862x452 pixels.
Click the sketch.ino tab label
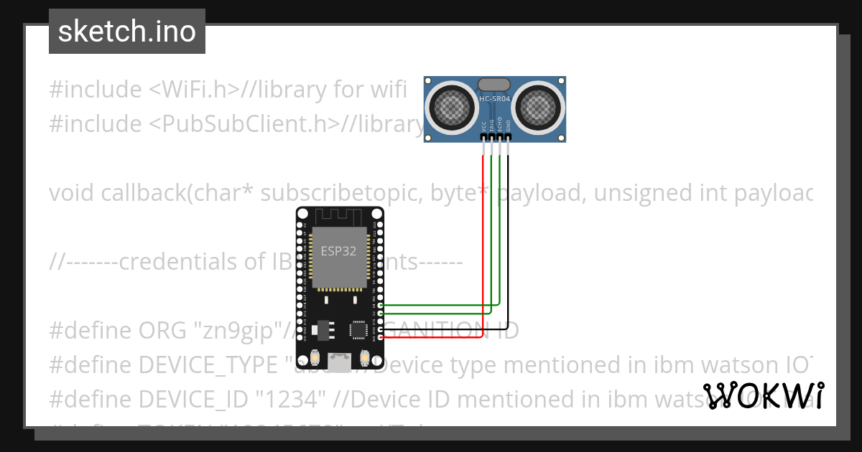tap(126, 32)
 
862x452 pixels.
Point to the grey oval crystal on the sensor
tap(494, 84)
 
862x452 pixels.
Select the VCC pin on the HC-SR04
tap(483, 136)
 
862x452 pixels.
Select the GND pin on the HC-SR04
tap(508, 136)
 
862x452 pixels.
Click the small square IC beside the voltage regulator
tap(358, 329)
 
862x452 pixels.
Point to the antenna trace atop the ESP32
tap(340, 216)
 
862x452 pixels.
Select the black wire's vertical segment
tap(508, 237)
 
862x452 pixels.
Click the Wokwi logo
tap(763, 395)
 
